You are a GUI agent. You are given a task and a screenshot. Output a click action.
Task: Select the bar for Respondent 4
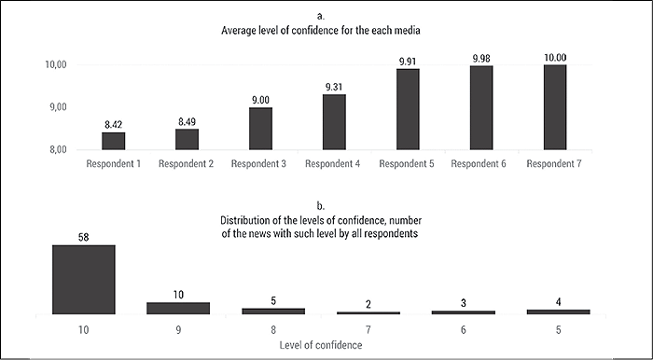(x=335, y=122)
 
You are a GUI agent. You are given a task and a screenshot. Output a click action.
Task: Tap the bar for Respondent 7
(x=556, y=107)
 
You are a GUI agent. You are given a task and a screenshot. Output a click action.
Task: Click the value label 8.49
(x=188, y=120)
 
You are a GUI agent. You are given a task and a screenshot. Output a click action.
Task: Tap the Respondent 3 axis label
(x=260, y=164)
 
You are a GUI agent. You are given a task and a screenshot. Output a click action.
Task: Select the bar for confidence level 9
(x=178, y=308)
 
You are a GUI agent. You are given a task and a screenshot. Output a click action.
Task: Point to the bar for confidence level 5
(x=558, y=312)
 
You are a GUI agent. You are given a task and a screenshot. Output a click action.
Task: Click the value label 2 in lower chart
(x=368, y=303)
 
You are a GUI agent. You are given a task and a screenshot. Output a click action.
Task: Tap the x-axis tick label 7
(x=368, y=330)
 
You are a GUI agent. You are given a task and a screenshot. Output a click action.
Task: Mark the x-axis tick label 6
(x=464, y=330)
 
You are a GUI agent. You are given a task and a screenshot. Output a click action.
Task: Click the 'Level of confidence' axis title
(x=322, y=346)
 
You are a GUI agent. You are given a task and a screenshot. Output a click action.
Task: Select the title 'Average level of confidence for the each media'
(x=321, y=30)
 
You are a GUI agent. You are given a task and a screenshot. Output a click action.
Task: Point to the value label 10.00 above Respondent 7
(x=556, y=57)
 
